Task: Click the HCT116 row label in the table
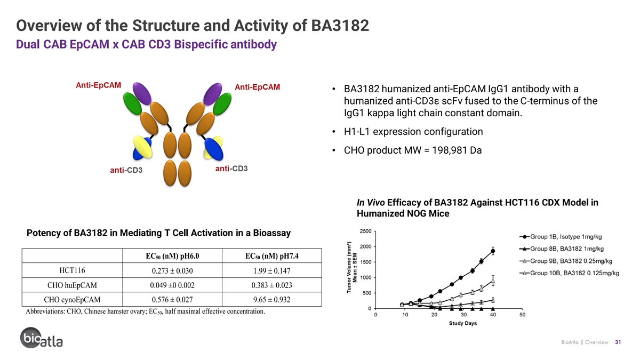click(73, 270)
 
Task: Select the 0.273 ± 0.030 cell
click(172, 270)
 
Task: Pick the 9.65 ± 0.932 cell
click(271, 299)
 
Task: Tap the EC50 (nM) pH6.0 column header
click(172, 256)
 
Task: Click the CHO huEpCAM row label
click(73, 285)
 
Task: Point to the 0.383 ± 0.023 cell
click(271, 285)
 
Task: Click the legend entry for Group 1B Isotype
click(561, 237)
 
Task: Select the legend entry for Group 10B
click(569, 273)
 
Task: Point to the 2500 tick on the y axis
click(365, 231)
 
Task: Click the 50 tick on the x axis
click(522, 315)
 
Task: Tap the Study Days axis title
click(463, 323)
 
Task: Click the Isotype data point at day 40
click(493, 251)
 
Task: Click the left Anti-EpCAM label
click(98, 85)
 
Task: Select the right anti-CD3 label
click(231, 169)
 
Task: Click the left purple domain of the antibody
click(142, 93)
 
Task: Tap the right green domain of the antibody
click(222, 104)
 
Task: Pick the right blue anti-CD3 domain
click(214, 149)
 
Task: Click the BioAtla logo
click(42, 338)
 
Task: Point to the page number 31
click(618, 342)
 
